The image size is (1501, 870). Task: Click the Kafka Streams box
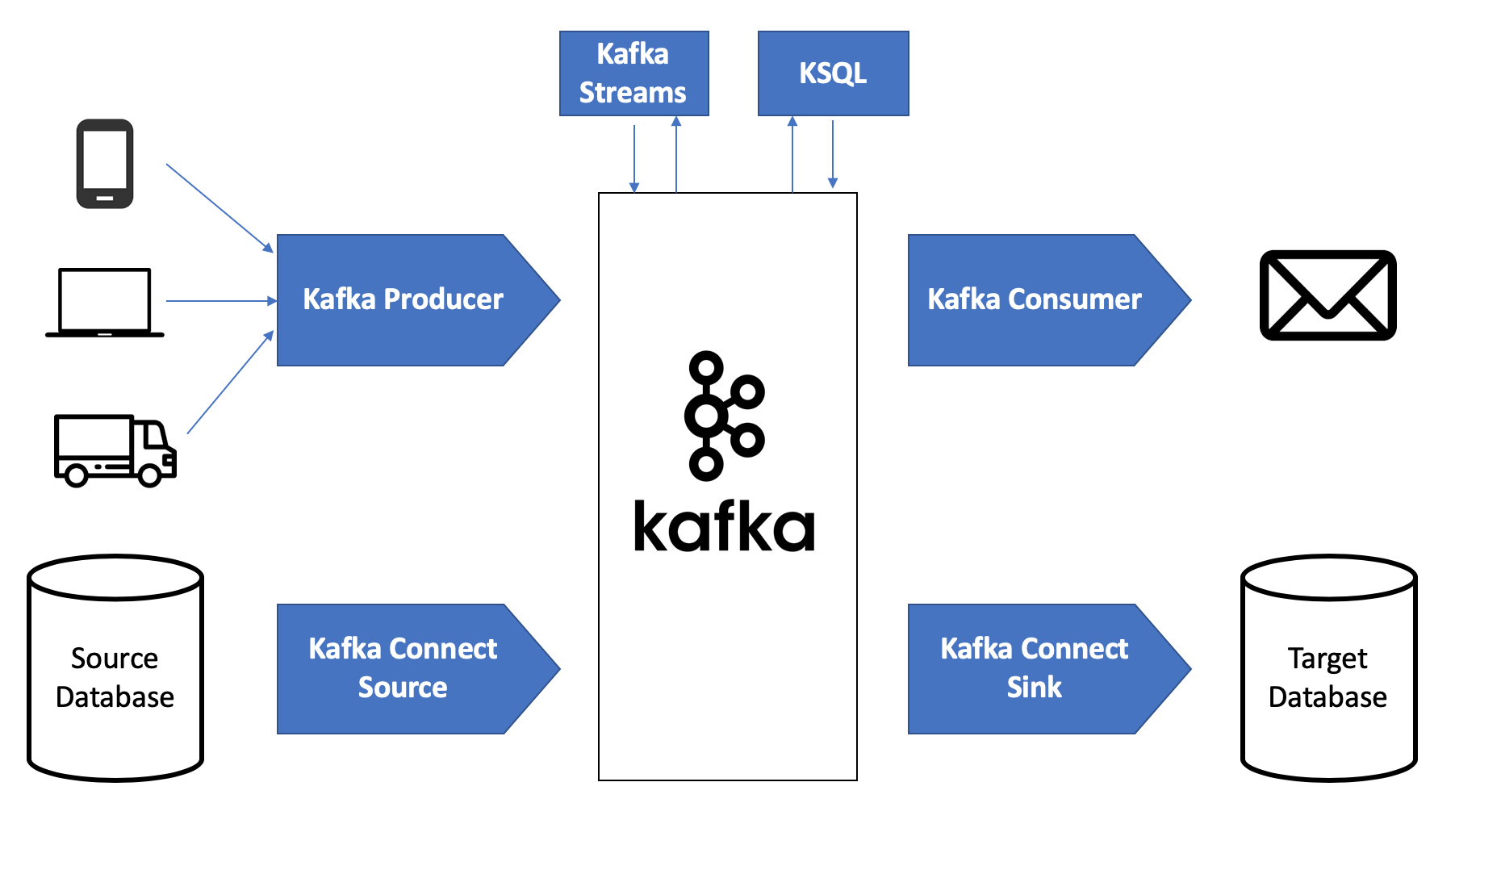click(633, 73)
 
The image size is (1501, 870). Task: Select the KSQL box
click(833, 73)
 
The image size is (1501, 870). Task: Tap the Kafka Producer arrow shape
click(403, 300)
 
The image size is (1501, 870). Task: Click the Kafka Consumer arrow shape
click(1035, 300)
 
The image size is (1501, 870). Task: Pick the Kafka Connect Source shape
click(403, 668)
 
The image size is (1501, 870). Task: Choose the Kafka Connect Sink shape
click(1035, 668)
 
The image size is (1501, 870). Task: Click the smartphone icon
click(105, 164)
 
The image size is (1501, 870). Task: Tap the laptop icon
click(105, 303)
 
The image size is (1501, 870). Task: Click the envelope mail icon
click(1327, 295)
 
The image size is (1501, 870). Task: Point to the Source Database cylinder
click(115, 668)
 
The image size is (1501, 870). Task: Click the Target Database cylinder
click(1328, 668)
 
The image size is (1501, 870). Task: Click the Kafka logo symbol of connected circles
click(723, 416)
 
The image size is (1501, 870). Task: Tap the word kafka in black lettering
click(724, 527)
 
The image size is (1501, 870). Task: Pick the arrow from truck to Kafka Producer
click(230, 383)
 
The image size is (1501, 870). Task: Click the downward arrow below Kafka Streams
click(634, 157)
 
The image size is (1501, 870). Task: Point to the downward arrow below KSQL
click(833, 153)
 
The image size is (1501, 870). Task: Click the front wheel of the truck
click(150, 475)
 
